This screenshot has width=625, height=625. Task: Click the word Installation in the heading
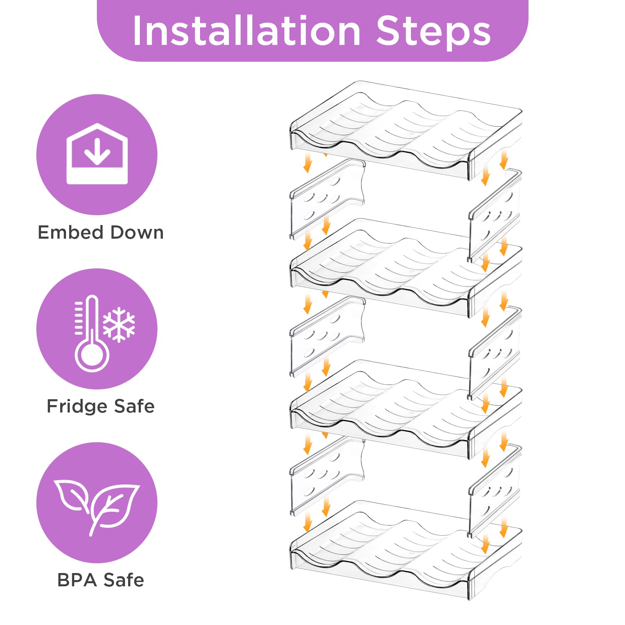[x=246, y=31]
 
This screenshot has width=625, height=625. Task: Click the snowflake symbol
[x=119, y=325]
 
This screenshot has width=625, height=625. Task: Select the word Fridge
[x=77, y=406]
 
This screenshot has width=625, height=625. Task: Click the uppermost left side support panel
[x=327, y=199]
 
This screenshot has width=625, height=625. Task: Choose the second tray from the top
[x=406, y=268]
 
